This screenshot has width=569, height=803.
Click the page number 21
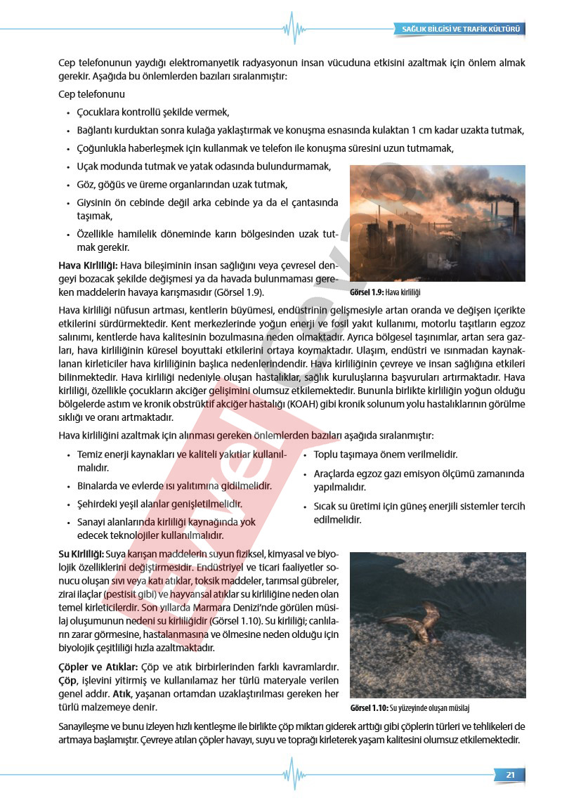(x=510, y=774)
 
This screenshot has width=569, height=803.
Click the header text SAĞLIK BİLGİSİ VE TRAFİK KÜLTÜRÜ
(x=460, y=29)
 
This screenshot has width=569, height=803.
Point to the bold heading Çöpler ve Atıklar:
(x=98, y=666)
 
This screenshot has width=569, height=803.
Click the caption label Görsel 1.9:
(x=367, y=292)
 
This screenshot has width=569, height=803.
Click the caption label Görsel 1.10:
(x=368, y=708)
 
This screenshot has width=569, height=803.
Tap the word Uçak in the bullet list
(x=89, y=167)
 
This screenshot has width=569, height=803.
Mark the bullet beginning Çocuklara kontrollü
(x=153, y=112)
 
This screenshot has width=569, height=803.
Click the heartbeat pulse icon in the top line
(x=294, y=29)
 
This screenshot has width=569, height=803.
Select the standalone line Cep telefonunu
(x=92, y=93)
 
